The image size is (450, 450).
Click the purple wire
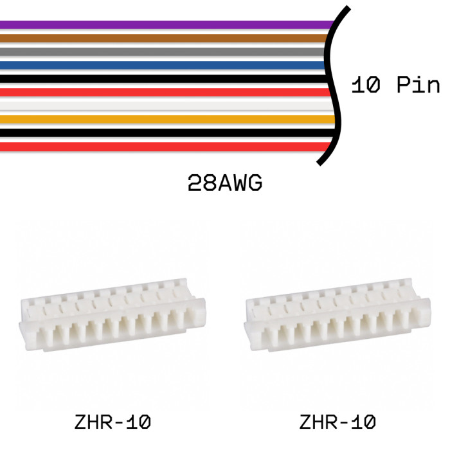(166, 24)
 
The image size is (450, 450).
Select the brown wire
(163, 38)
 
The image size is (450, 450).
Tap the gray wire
(163, 51)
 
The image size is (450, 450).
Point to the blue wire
(163, 66)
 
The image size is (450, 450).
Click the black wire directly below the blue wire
(163, 78)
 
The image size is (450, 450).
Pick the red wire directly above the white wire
(165, 93)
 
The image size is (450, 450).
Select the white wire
(167, 106)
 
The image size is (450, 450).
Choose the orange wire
(168, 120)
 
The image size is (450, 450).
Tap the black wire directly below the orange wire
(168, 133)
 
